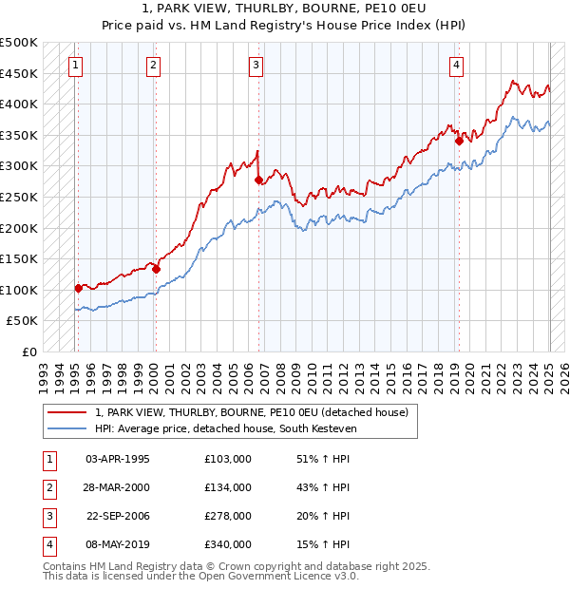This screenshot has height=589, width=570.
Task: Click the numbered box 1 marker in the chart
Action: [75, 66]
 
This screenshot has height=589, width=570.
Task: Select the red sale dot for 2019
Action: [459, 141]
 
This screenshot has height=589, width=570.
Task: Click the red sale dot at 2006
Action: [258, 180]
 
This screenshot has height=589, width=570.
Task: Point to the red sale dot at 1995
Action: [79, 288]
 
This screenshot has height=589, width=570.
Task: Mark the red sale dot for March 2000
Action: [156, 269]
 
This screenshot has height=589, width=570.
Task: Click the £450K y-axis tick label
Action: [20, 73]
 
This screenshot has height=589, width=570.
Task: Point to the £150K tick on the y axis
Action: [20, 258]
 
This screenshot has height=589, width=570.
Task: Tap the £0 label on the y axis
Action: [28, 351]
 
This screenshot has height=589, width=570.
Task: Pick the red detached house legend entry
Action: [252, 412]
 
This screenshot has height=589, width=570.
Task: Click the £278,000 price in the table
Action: [228, 516]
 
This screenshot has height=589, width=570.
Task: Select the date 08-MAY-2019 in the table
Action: [117, 544]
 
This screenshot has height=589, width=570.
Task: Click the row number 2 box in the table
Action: [48, 487]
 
